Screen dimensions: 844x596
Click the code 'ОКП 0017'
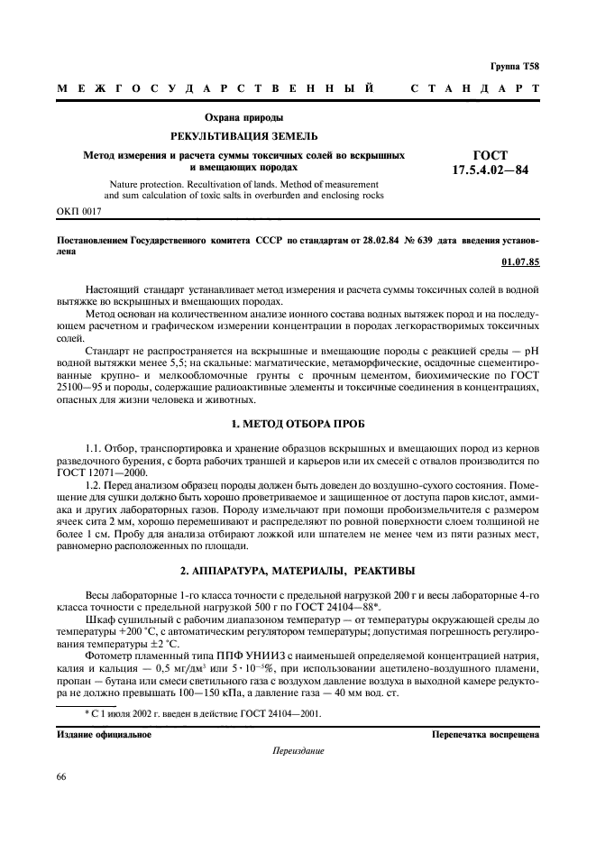pyautogui.click(x=80, y=211)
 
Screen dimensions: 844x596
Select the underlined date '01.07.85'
pyautogui.click(x=519, y=262)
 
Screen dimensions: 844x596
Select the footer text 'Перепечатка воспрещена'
pyautogui.click(x=486, y=734)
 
